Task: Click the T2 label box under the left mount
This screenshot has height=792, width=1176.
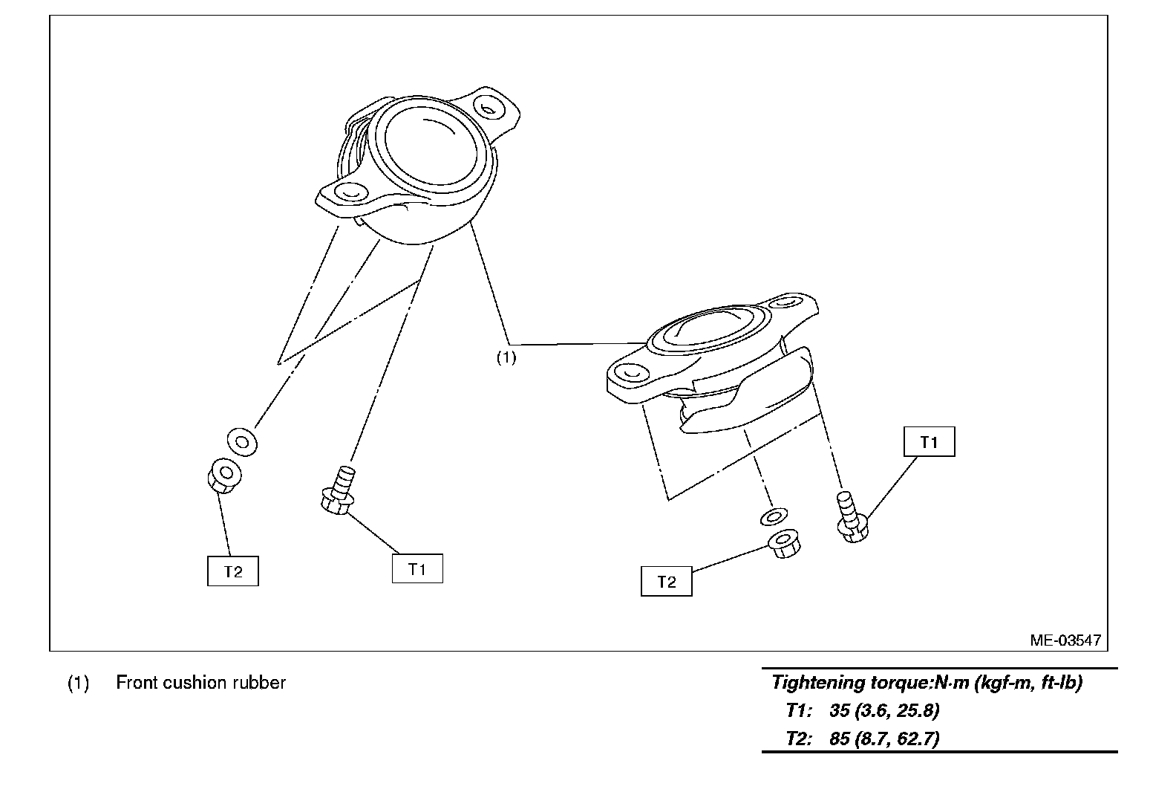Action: pyautogui.click(x=233, y=571)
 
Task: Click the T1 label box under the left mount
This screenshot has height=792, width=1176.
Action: pyautogui.click(x=417, y=568)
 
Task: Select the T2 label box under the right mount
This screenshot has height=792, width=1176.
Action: pyautogui.click(x=666, y=581)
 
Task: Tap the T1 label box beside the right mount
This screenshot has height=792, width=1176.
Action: pyautogui.click(x=929, y=442)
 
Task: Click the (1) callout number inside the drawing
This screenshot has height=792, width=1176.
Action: pyautogui.click(x=506, y=357)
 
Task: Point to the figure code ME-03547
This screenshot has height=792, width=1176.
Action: pyautogui.click(x=1065, y=640)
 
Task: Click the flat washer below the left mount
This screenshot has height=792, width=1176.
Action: pyautogui.click(x=242, y=441)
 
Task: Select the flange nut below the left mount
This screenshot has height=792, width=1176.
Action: pyautogui.click(x=223, y=476)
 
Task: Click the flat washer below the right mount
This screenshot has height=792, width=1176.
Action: pyautogui.click(x=774, y=516)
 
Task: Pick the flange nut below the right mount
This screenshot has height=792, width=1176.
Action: pyautogui.click(x=783, y=545)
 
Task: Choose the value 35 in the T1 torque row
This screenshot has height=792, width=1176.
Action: pyautogui.click(x=839, y=710)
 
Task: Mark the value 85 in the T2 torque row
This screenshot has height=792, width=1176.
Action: pyautogui.click(x=839, y=739)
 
